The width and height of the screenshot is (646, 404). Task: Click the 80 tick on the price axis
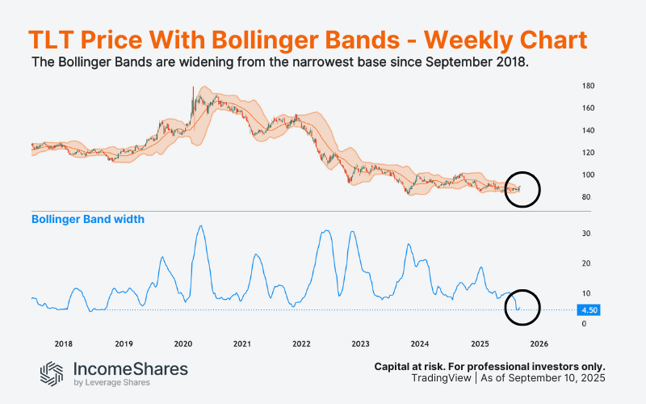585,197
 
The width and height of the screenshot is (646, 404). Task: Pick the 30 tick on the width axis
585,234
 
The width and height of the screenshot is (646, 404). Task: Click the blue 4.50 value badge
588,309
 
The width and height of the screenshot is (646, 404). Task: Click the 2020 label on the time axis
182,343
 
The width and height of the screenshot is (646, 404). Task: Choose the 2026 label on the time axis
539,343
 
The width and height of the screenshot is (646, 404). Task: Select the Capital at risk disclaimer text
489,366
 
